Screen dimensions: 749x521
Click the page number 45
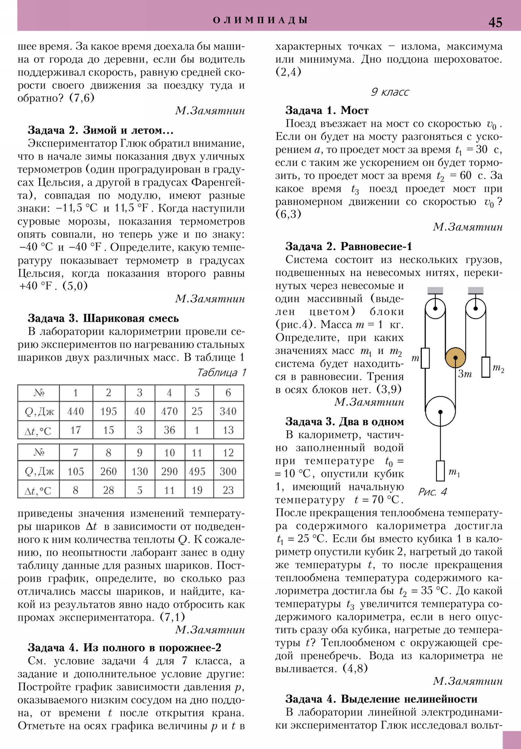[495, 22]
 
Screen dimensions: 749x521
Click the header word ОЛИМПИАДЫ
[260, 20]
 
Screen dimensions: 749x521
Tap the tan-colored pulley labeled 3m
[455, 358]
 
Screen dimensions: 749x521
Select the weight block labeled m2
[486, 367]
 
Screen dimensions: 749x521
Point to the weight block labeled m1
[441, 471]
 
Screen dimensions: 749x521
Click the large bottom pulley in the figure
[440, 411]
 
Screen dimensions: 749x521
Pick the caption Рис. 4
[432, 492]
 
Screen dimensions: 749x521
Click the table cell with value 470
[169, 411]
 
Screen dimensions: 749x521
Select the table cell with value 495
[197, 471]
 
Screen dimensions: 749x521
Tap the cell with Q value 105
[76, 471]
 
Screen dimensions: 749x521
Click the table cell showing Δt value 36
[169, 430]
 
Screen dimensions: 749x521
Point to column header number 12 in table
[228, 452]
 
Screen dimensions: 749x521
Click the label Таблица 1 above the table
[221, 373]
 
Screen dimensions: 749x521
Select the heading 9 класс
[389, 92]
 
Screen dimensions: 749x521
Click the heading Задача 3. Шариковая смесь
[103, 318]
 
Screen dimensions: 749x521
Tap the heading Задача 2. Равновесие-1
[348, 246]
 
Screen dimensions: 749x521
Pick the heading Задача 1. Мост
[327, 110]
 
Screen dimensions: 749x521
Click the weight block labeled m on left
[425, 358]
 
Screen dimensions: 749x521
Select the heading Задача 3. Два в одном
[345, 422]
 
